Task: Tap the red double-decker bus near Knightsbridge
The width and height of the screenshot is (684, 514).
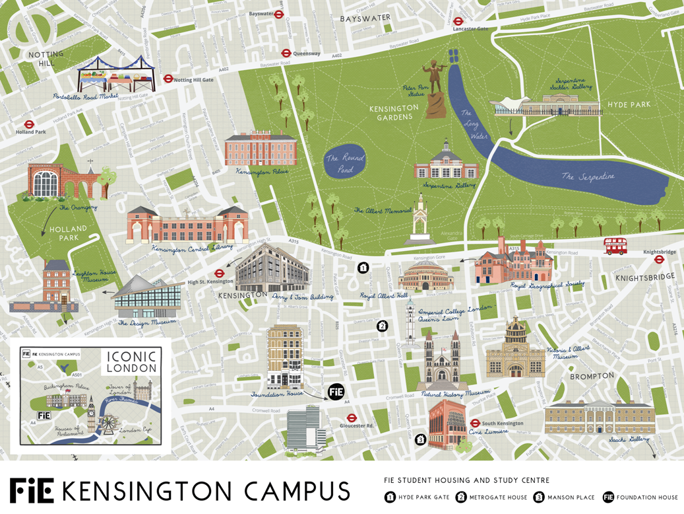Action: click(615, 246)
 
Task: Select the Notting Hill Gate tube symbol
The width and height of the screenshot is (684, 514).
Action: click(168, 79)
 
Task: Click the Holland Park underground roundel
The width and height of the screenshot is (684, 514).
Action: click(29, 124)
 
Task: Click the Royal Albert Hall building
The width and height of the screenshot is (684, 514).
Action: click(426, 276)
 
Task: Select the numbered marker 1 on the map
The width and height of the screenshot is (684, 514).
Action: click(363, 268)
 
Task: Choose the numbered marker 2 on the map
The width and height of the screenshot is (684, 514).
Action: click(382, 326)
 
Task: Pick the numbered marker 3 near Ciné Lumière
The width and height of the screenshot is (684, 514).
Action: click(420, 439)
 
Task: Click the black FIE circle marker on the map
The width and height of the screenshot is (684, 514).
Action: click(336, 391)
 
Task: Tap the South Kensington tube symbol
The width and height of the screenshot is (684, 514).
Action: click(475, 423)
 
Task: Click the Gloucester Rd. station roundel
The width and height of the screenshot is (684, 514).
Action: click(352, 418)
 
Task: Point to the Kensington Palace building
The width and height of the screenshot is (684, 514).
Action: click(261, 149)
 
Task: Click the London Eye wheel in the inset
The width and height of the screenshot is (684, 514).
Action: click(109, 422)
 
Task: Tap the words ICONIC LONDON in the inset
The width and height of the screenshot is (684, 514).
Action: click(132, 361)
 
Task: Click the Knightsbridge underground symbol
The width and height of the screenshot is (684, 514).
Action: click(658, 260)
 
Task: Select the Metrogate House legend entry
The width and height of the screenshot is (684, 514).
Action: click(491, 497)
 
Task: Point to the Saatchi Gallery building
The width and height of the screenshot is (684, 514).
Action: click(600, 417)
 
